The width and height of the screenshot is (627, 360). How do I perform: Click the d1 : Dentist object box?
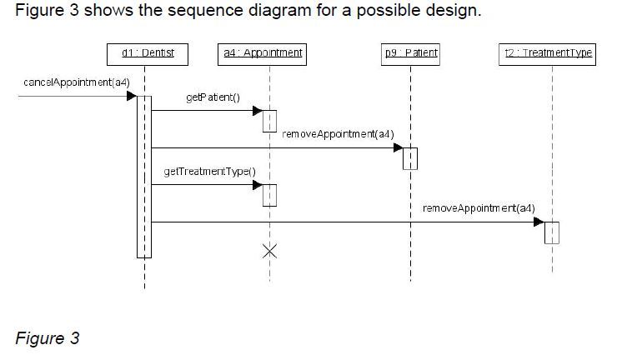(x=148, y=54)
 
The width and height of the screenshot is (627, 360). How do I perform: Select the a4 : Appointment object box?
(x=263, y=54)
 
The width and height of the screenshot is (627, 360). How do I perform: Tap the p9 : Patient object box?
(x=410, y=54)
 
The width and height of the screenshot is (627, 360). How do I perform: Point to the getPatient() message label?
(x=213, y=97)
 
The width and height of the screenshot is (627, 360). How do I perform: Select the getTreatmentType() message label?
(x=210, y=172)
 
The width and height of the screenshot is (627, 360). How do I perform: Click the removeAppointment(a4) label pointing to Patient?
(x=339, y=134)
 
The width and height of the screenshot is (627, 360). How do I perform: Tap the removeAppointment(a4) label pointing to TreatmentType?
(x=479, y=207)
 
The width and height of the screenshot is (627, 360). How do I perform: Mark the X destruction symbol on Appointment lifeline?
(x=269, y=251)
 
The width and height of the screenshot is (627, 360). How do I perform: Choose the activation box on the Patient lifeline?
(x=410, y=157)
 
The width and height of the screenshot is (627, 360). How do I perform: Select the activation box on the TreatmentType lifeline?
(x=551, y=232)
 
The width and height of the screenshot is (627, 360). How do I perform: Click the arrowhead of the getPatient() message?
(x=258, y=109)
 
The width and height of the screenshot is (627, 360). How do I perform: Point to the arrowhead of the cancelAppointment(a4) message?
(x=131, y=96)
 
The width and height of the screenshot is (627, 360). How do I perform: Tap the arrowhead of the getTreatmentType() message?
(x=258, y=184)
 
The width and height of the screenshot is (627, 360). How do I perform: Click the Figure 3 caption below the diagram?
(x=47, y=337)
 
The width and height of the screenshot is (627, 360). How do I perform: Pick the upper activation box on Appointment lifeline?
(x=269, y=120)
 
